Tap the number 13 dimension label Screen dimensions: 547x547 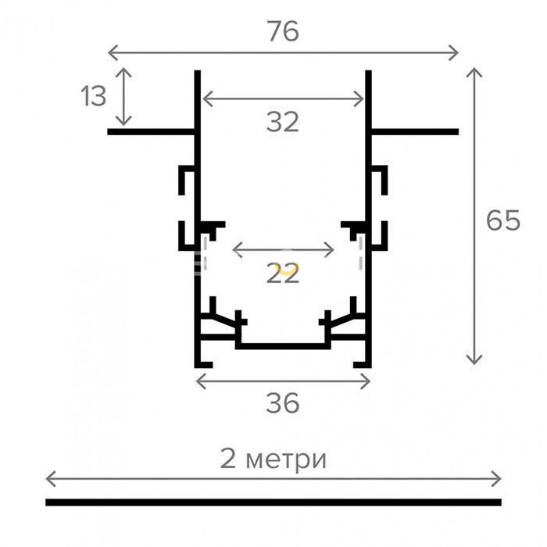click(x=93, y=97)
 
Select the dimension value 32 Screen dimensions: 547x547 click(x=283, y=122)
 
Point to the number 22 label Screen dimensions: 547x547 click(x=283, y=273)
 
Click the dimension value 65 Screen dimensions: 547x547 click(x=503, y=221)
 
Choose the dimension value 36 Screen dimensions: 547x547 click(x=283, y=403)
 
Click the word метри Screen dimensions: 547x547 click(x=284, y=459)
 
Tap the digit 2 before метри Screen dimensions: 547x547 click(x=229, y=459)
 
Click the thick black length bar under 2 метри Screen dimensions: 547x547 click(x=273, y=502)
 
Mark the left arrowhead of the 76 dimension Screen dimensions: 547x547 click(x=110, y=52)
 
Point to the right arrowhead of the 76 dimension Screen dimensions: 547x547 click(x=455, y=52)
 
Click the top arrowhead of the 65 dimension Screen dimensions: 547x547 click(x=474, y=72)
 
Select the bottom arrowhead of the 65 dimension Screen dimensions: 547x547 click(x=474, y=360)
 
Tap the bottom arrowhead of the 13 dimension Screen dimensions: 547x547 click(x=123, y=122)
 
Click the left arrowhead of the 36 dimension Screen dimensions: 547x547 click(x=198, y=381)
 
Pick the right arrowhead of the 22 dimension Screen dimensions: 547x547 click(x=331, y=250)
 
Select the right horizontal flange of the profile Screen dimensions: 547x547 click(x=413, y=131)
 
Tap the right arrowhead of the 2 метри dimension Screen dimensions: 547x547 click(x=497, y=478)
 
